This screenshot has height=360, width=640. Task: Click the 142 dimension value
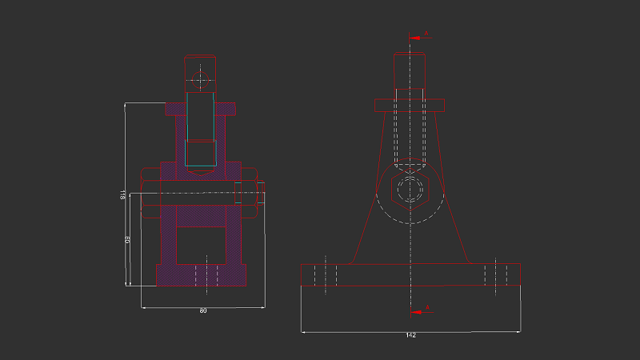[411, 335]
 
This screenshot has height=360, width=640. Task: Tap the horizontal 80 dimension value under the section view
[202, 310]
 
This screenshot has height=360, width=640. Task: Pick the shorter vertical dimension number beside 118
[127, 240]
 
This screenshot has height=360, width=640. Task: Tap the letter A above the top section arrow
[426, 33]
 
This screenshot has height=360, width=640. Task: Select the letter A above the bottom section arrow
[427, 306]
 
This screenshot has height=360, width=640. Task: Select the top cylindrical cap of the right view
[410, 71]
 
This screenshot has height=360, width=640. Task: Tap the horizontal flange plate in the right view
[410, 105]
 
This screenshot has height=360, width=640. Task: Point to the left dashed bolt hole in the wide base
[326, 274]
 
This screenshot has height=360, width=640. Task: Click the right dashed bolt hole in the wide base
[496, 274]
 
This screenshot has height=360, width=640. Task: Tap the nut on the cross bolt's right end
[261, 194]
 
